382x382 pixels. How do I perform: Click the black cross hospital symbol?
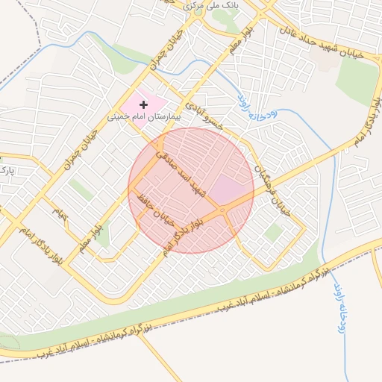[143, 105]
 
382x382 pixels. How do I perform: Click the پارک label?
[7, 172]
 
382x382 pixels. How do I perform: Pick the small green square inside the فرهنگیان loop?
[274, 232]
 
